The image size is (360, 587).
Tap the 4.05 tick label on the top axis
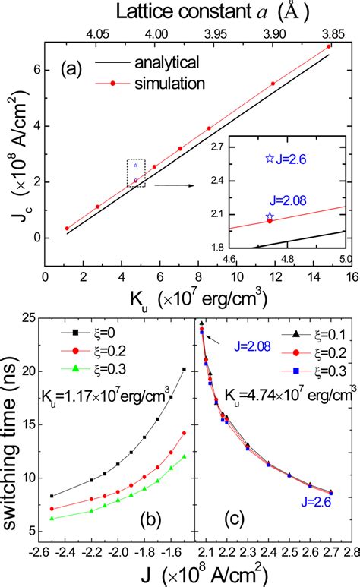click(98, 33)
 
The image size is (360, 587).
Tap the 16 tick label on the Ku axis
click(347, 277)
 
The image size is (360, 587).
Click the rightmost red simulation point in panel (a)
click(328, 46)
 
